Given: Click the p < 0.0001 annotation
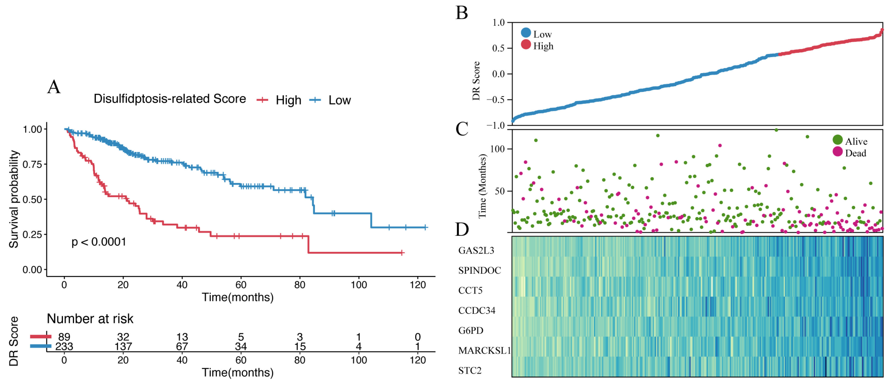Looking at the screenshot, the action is [99, 242].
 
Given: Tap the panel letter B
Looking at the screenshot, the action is [462, 13].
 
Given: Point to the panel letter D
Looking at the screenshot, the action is [462, 229].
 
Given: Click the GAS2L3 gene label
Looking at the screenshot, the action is [476, 250].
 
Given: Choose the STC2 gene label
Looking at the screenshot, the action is [470, 370].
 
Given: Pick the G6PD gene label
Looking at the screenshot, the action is [471, 330].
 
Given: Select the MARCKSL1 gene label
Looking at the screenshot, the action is [484, 350].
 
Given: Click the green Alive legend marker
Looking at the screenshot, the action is [838, 140].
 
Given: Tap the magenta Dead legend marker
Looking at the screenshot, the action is [838, 151].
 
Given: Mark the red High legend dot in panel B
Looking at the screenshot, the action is [526, 44].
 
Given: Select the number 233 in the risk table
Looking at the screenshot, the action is [64, 346].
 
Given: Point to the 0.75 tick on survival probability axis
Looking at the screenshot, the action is [32, 164].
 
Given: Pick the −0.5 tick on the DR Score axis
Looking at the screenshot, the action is [495, 100].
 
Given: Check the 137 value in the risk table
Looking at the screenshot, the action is [123, 346].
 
